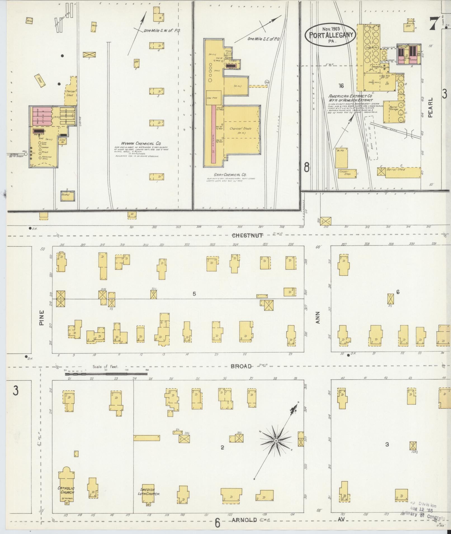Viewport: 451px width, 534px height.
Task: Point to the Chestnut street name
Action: point(247,235)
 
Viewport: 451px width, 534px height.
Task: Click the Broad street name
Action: point(241,366)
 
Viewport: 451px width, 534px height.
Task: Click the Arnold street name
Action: point(244,520)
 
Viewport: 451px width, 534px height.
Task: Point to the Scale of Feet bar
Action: point(106,374)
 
